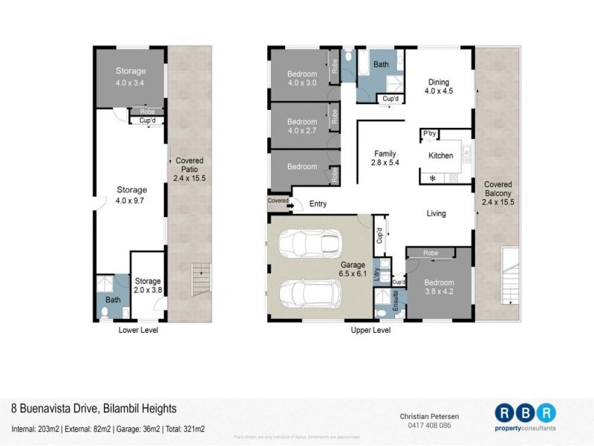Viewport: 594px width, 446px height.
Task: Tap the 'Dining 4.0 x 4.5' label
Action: click(x=438, y=86)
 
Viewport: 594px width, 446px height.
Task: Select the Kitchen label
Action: click(x=440, y=156)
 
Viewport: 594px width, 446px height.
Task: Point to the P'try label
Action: click(x=429, y=134)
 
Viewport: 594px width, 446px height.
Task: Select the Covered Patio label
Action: click(x=189, y=169)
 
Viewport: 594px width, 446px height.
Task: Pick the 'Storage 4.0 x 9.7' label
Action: click(x=131, y=195)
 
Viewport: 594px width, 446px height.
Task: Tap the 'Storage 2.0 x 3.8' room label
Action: click(x=147, y=285)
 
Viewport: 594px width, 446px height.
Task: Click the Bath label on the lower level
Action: click(x=113, y=300)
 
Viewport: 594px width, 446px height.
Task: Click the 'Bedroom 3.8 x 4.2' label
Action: click(x=438, y=287)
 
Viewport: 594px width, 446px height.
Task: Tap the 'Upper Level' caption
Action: click(x=370, y=330)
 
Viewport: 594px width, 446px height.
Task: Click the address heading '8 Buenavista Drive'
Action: click(x=93, y=409)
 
